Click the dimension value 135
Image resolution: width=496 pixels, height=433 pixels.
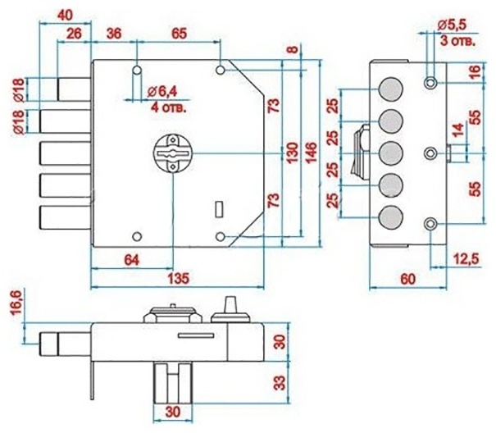click(178, 278)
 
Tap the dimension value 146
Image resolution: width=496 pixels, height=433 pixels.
click(312, 153)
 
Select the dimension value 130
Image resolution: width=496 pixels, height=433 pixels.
click(293, 153)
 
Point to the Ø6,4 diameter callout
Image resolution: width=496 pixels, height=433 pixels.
click(162, 92)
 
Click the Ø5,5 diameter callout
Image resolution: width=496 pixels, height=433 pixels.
click(452, 25)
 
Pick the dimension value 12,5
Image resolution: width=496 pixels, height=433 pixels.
click(466, 258)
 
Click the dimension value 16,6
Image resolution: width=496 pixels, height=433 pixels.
click(16, 303)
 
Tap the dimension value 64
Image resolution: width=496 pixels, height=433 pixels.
click(132, 260)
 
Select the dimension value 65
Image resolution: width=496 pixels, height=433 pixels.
click(179, 34)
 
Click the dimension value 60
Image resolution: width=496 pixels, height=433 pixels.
click(407, 279)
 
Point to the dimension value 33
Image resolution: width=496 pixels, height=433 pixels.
click(280, 383)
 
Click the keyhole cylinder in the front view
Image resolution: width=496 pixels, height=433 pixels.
click(173, 153)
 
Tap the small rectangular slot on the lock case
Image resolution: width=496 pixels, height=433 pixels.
click(219, 209)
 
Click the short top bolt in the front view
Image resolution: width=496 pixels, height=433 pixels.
click(74, 89)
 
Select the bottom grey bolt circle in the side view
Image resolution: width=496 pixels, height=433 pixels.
click(391, 216)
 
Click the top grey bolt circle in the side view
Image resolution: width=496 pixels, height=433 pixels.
click(391, 89)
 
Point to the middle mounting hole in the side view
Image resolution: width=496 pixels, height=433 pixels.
click(430, 154)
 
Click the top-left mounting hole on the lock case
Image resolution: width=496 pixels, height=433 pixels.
click(137, 70)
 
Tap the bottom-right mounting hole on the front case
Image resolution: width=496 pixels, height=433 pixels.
click(221, 236)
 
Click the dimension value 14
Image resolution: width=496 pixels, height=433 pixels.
click(459, 130)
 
